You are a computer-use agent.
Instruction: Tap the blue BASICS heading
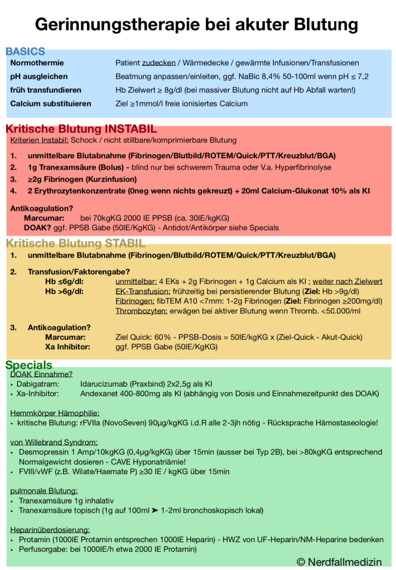[25, 51]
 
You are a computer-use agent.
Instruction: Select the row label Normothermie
[37, 63]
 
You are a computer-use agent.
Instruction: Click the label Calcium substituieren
[51, 103]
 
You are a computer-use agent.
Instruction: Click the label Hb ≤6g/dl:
[65, 281]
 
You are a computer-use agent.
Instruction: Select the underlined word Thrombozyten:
[142, 310]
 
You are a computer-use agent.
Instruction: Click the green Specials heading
[28, 365]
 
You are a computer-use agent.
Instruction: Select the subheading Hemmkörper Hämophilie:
[55, 413]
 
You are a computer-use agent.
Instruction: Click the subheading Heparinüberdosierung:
[50, 529]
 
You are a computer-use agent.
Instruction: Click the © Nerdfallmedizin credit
[339, 561]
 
